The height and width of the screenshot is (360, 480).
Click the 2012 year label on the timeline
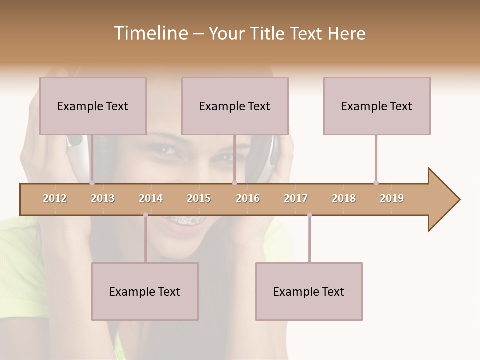click(x=55, y=198)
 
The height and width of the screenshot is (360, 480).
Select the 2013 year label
click(x=103, y=198)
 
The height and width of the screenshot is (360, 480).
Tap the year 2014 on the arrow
click(x=151, y=198)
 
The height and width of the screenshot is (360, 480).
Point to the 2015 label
click(x=199, y=198)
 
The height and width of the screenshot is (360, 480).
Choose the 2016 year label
click(x=248, y=198)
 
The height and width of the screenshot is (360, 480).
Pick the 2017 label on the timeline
click(x=296, y=198)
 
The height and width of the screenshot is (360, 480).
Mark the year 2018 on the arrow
click(x=344, y=198)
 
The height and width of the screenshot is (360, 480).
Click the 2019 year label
click(x=392, y=198)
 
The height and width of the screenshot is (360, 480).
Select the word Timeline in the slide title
click(x=149, y=33)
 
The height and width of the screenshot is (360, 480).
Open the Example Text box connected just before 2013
click(x=93, y=106)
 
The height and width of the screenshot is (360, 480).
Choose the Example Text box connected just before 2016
click(x=235, y=106)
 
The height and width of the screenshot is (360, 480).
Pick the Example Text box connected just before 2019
click(x=377, y=106)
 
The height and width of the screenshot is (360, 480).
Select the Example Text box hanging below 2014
click(x=145, y=291)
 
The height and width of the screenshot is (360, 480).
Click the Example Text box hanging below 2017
click(x=309, y=291)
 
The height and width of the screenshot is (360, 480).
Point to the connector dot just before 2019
click(x=376, y=183)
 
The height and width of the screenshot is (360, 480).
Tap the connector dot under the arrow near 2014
click(x=145, y=215)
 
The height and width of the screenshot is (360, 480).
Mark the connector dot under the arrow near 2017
click(x=309, y=215)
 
